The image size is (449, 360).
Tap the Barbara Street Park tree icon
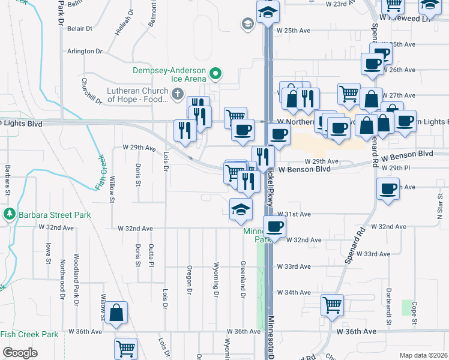[x=9, y=214]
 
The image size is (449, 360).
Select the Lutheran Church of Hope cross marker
[x=177, y=94]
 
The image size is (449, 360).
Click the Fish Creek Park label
[x=29, y=334]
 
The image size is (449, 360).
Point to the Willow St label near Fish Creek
[x=112, y=189]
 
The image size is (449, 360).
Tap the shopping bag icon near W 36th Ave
[x=117, y=313]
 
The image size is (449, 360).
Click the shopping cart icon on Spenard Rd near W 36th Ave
[x=332, y=305]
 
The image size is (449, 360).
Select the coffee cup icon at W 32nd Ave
[x=274, y=226]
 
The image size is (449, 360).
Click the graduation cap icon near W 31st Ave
[x=241, y=208]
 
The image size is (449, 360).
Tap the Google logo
[x=20, y=353]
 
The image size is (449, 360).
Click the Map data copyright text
[x=423, y=355]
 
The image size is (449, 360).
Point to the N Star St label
[x=439, y=211]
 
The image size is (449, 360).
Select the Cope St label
[x=414, y=314]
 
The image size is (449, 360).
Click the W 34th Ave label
[x=294, y=292]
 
